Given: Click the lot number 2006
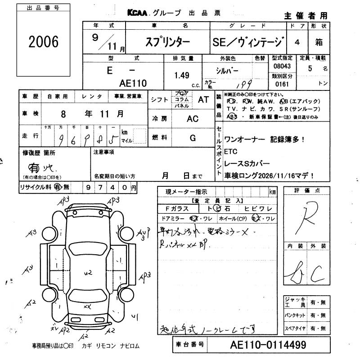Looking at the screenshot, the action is (43, 42).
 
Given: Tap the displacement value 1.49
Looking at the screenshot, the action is (181, 76).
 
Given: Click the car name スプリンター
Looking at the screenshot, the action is (166, 42).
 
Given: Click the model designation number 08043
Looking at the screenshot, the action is (282, 66).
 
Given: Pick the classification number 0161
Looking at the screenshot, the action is (282, 84).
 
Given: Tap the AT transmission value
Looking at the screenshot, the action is (203, 100).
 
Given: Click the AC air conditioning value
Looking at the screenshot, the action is (193, 118).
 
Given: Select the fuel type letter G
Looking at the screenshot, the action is (193, 138).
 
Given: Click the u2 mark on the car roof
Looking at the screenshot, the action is (87, 272).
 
